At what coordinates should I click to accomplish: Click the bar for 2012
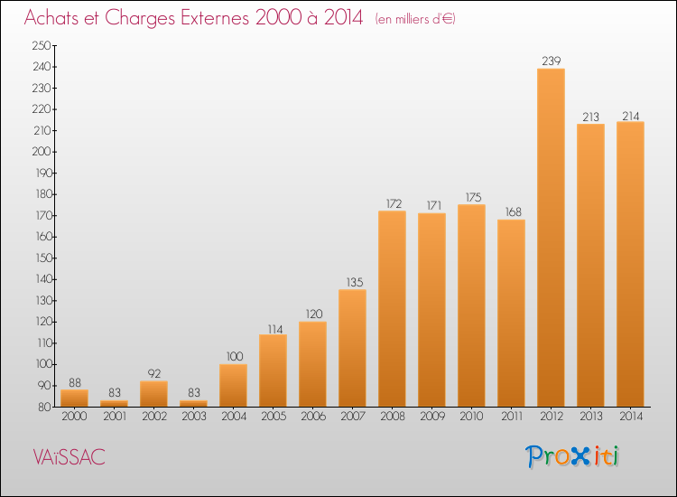(x=551, y=238)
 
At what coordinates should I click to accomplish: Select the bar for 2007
(x=352, y=348)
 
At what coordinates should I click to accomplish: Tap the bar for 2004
(x=233, y=385)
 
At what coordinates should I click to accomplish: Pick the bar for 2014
(x=630, y=264)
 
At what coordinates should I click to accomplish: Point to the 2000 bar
(x=74, y=398)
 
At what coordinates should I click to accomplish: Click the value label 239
(x=551, y=61)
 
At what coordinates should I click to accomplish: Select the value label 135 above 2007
(x=355, y=282)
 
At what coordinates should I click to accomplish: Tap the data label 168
(x=514, y=211)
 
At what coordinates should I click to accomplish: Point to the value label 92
(x=154, y=373)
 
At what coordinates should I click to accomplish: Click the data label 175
(x=474, y=197)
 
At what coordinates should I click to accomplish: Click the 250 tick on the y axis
(x=42, y=45)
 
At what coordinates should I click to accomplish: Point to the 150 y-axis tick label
(x=43, y=258)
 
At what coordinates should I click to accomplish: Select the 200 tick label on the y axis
(x=42, y=152)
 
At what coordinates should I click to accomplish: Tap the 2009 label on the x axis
(x=432, y=417)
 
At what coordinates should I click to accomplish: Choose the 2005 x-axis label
(x=274, y=417)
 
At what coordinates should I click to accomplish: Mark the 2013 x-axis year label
(x=590, y=417)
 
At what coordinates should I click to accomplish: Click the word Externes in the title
(x=215, y=18)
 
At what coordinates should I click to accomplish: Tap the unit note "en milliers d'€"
(x=415, y=20)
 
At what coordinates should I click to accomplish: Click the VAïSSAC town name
(x=70, y=457)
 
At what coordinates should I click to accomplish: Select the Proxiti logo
(x=571, y=456)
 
